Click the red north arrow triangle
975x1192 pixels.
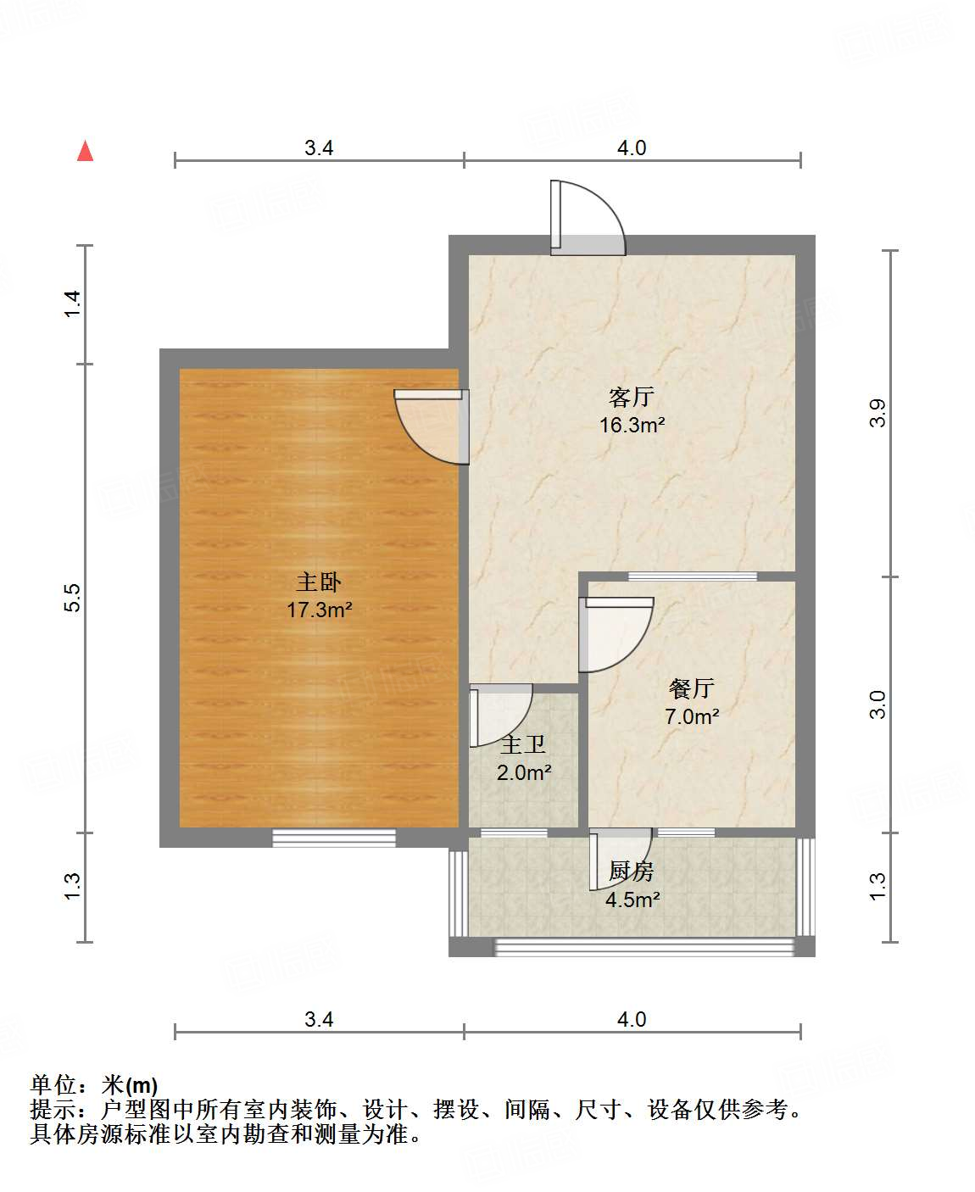[x=85, y=151]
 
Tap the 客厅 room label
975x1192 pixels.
[x=632, y=397]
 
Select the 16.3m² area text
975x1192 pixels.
[x=632, y=425]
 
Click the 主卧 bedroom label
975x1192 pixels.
[x=319, y=582]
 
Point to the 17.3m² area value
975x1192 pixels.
[x=319, y=610]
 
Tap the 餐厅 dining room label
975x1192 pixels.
[x=692, y=688]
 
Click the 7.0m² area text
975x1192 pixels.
[x=692, y=716]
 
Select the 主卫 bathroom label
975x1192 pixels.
[x=523, y=745]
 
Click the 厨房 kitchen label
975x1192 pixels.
[x=632, y=872]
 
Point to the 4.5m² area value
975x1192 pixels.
[x=632, y=900]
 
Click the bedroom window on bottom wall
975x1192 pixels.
[x=334, y=838]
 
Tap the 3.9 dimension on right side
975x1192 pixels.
[x=878, y=413]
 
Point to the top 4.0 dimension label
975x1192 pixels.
[x=631, y=148]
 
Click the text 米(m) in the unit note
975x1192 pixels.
[x=130, y=1084]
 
